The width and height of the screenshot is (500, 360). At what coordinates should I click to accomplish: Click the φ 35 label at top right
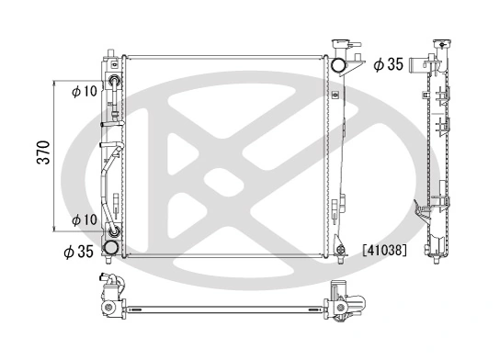389,64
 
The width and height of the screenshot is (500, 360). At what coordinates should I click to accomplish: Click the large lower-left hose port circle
110,247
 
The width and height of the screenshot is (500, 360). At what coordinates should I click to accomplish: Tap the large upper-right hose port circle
338,65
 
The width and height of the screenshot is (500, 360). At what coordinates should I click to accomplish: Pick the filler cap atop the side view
447,44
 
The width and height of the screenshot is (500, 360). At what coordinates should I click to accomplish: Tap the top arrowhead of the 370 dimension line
61,79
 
